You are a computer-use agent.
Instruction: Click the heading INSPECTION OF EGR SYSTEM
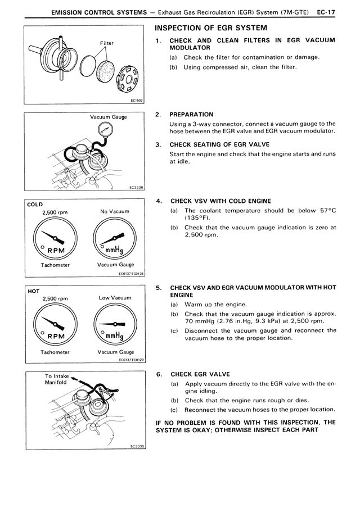(206, 28)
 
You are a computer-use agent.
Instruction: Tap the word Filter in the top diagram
(107, 43)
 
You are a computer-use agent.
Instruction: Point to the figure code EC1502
(137, 101)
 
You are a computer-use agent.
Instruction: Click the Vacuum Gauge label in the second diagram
(109, 117)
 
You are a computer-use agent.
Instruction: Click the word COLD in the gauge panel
(35, 204)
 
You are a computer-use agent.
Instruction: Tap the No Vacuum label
(115, 212)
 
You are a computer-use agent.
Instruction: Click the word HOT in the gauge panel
(33, 291)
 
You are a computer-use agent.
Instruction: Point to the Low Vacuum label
(115, 298)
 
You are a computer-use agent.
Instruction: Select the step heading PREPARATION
(191, 115)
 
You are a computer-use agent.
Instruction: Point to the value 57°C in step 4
(325, 210)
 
